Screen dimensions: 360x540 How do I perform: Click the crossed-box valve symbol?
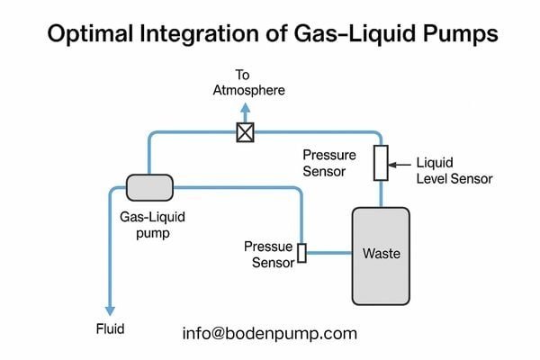coord(243,132)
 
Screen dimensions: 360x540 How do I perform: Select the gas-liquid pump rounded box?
coord(150,187)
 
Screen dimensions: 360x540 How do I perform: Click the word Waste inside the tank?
coord(380,254)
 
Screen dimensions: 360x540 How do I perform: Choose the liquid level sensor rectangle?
coord(380,163)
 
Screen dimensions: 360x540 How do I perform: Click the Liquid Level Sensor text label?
coord(454,171)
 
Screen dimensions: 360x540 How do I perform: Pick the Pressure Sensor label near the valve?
coord(328,163)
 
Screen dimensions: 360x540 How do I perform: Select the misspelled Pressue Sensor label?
coord(269,255)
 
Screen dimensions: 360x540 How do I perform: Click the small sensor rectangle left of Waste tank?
coord(302,253)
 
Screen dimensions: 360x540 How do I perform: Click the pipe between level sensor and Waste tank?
coord(380,193)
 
